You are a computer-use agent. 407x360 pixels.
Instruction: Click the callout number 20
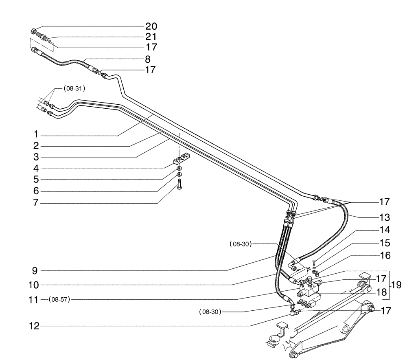pyautogui.click(x=151, y=26)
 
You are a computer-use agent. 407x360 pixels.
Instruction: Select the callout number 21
pyautogui.click(x=151, y=36)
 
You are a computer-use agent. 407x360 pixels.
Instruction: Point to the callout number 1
pyautogui.click(x=36, y=134)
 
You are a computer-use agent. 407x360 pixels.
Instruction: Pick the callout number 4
pyautogui.click(x=36, y=168)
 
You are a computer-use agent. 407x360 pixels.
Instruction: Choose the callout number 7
pyautogui.click(x=36, y=202)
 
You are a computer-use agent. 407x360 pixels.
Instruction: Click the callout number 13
pyautogui.click(x=384, y=216)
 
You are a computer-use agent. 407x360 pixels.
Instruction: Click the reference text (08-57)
pyautogui.click(x=59, y=300)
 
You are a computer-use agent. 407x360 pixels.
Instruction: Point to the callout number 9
pyautogui.click(x=36, y=270)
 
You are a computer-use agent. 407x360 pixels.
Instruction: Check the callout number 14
pyautogui.click(x=384, y=229)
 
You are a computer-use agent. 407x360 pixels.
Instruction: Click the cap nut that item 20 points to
pyautogui.click(x=34, y=31)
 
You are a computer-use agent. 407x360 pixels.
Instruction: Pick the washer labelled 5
pyautogui.click(x=179, y=168)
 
